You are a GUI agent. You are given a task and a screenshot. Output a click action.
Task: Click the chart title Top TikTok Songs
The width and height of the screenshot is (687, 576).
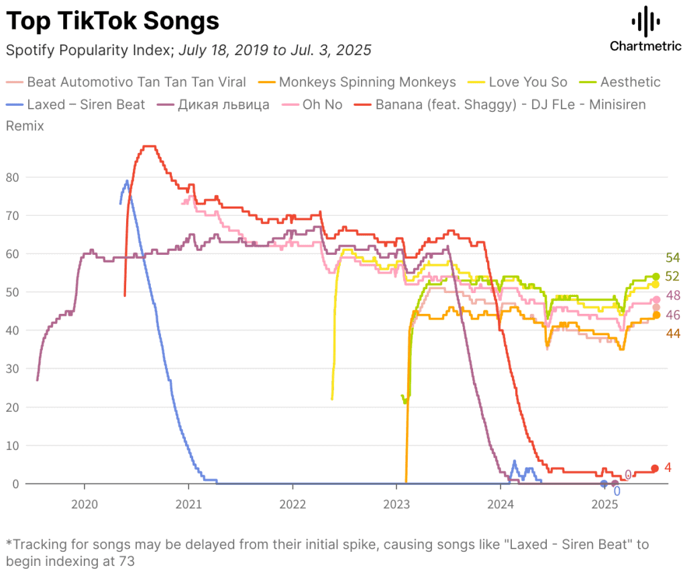[113, 21]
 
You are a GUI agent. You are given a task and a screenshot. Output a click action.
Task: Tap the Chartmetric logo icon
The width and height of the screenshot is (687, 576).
[646, 21]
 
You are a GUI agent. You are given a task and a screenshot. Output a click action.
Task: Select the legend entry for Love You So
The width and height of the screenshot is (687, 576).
[517, 82]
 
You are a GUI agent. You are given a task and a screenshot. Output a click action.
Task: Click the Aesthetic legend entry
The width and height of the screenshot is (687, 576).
[620, 82]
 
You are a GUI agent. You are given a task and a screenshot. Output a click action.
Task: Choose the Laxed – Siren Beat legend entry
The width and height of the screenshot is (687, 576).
[75, 105]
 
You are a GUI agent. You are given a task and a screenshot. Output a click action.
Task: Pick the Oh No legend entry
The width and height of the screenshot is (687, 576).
[312, 105]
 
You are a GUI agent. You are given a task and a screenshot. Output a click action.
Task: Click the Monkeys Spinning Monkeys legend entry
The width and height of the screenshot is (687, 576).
[357, 82]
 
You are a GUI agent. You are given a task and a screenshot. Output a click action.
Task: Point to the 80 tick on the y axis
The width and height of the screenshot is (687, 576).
[12, 178]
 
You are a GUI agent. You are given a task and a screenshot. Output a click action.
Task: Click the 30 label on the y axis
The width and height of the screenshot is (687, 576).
[12, 369]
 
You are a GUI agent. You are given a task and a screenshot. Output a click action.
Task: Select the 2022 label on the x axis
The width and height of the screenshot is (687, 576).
[293, 505]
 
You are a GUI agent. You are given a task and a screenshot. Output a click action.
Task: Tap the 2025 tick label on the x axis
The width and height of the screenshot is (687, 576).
[604, 505]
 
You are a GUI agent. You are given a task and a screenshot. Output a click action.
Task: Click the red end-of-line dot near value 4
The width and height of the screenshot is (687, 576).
[655, 468]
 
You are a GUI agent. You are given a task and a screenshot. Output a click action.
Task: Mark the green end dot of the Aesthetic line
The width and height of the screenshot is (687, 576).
[656, 276]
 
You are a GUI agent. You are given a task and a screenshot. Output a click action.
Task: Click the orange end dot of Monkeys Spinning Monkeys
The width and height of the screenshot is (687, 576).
[656, 315]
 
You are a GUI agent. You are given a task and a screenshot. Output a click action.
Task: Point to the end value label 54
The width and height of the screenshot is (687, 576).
[672, 257]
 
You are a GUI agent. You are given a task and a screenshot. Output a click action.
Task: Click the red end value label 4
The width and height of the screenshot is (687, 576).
[668, 467]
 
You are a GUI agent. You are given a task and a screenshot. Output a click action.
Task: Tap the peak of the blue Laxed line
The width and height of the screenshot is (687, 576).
[127, 180]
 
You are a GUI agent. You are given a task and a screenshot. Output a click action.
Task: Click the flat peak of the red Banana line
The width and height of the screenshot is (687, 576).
[150, 146]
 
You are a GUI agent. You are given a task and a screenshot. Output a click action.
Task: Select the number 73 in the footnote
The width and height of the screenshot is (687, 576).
[126, 561]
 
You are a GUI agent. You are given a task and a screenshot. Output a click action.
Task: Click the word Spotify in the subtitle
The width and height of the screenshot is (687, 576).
[31, 50]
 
